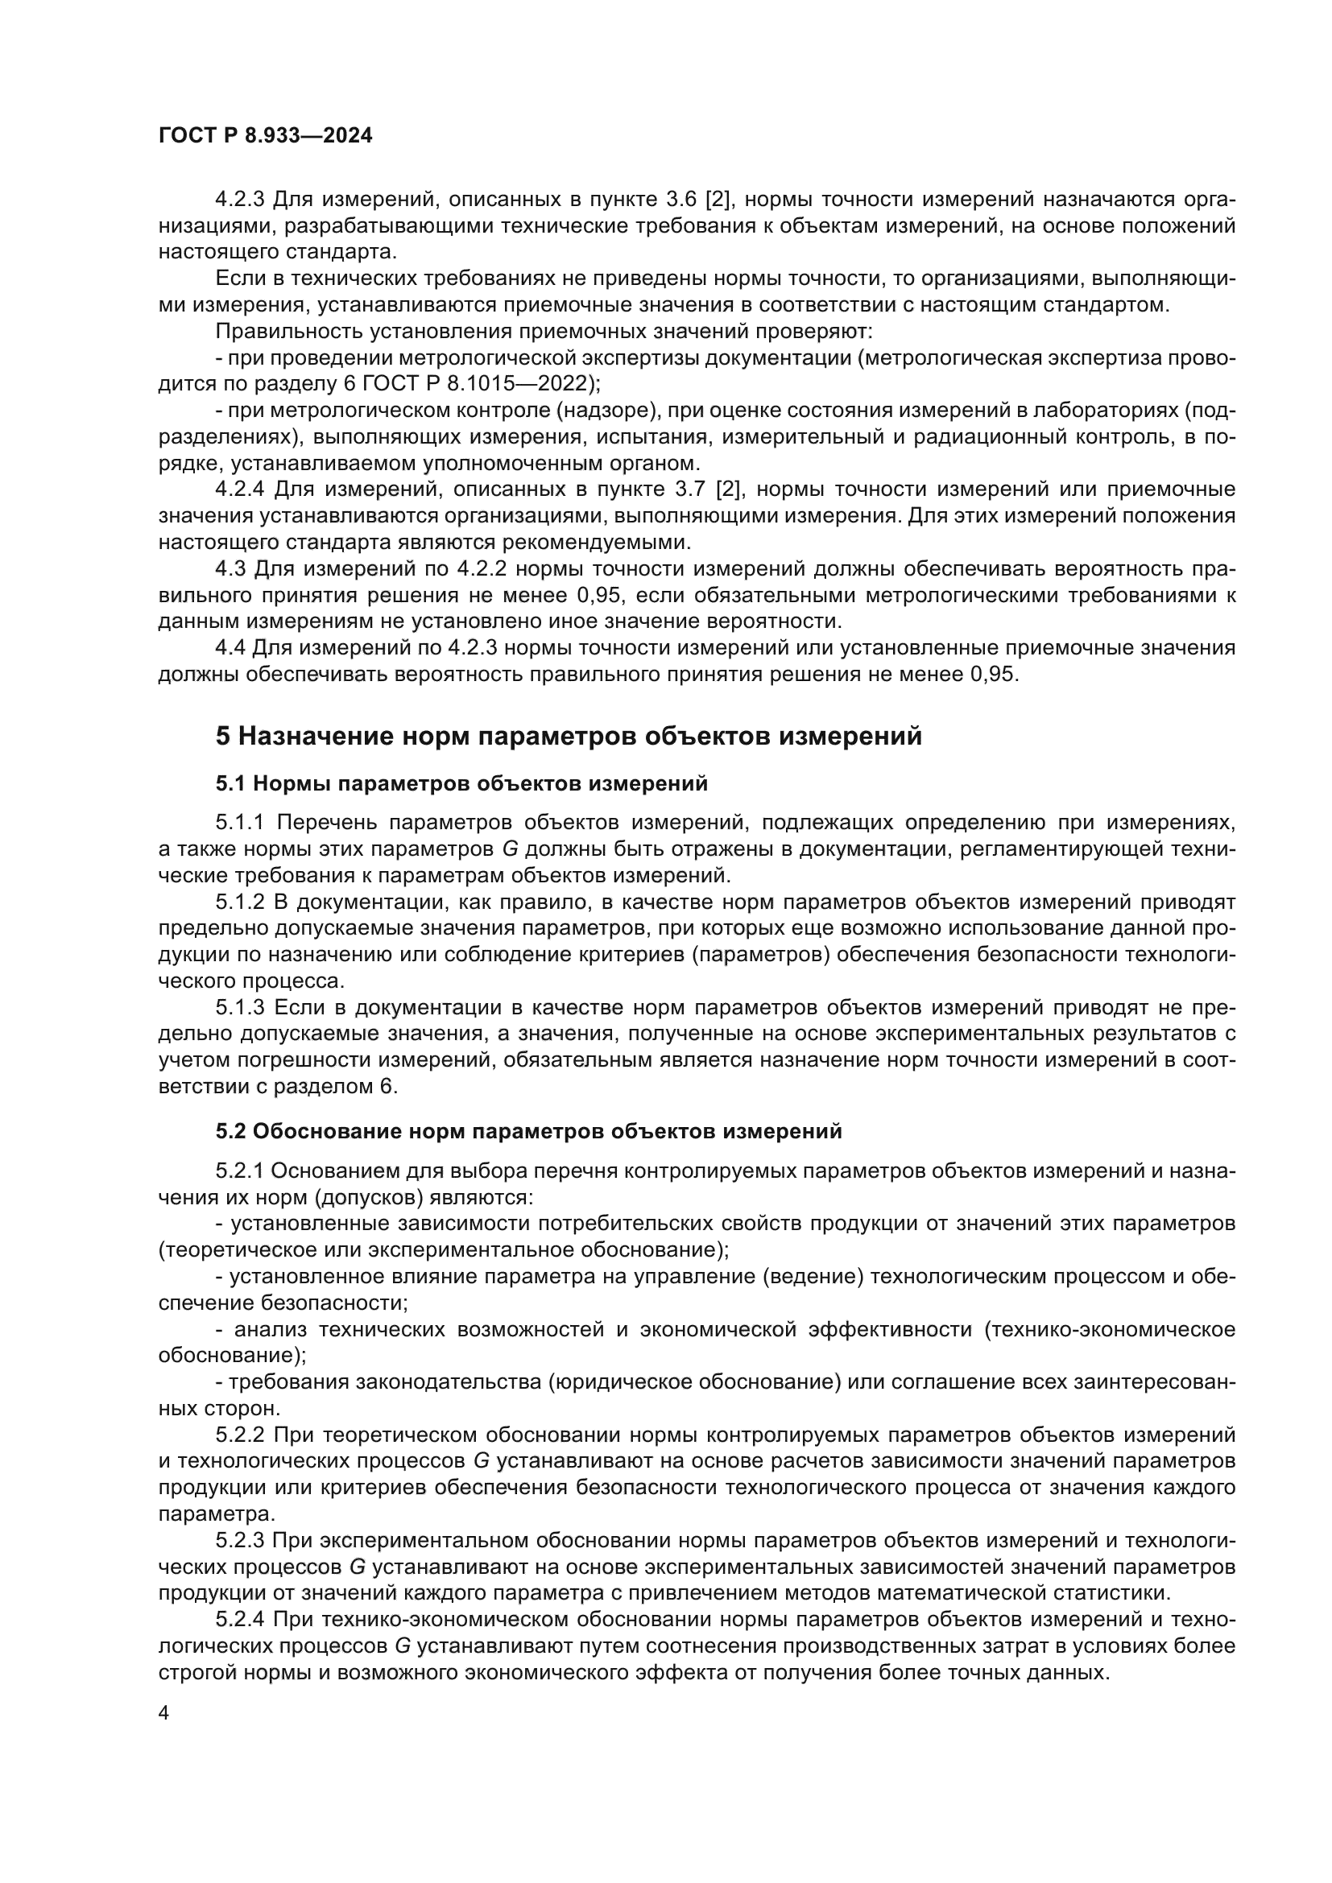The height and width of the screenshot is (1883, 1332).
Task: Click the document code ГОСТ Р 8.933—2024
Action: (265, 136)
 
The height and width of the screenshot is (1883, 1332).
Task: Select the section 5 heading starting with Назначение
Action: (569, 736)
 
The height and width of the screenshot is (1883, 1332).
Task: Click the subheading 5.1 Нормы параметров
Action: (461, 783)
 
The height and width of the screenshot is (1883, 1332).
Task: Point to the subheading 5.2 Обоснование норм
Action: (529, 1131)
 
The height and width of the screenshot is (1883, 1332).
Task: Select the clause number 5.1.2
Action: (239, 902)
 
